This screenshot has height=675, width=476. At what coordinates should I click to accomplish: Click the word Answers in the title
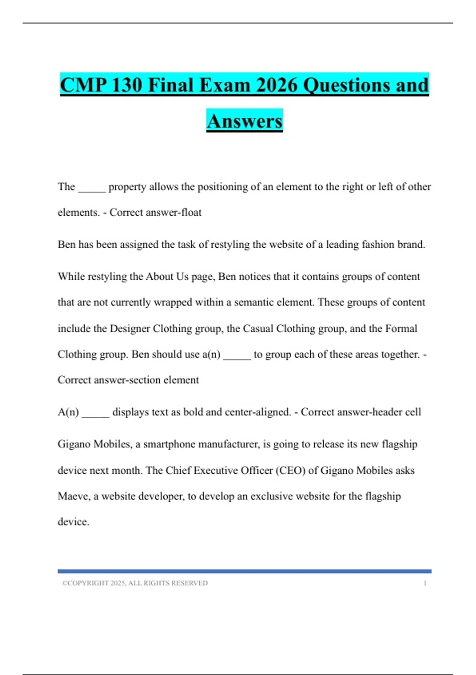point(244,121)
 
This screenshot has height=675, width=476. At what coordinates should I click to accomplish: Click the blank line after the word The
point(92,187)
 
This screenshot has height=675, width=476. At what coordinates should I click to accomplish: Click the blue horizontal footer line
point(244,571)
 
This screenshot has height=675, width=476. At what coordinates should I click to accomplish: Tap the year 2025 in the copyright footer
point(118,583)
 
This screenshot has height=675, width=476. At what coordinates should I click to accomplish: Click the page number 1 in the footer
point(425,583)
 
